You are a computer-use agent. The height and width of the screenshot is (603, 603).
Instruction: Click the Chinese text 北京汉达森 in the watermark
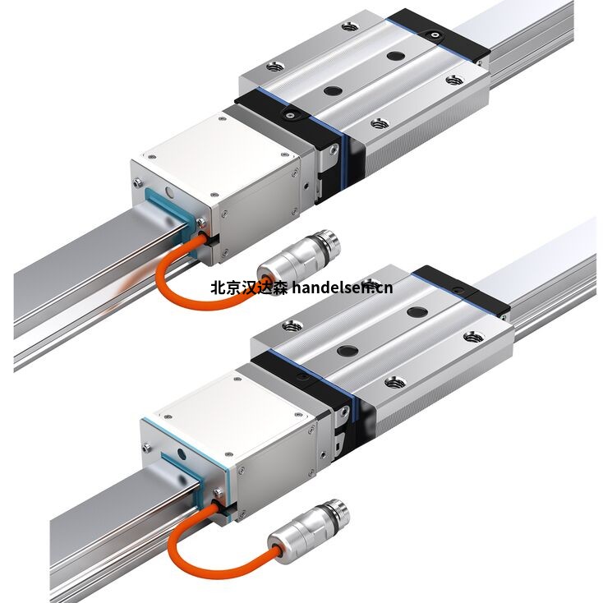pos(249,288)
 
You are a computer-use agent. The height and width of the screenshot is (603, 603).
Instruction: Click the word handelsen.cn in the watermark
pos(343,288)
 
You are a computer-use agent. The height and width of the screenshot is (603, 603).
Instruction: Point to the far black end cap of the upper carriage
pos(439,35)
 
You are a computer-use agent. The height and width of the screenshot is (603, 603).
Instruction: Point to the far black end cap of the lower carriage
pos(462,289)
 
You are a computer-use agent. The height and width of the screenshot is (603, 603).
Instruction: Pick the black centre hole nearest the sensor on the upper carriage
pos(333,91)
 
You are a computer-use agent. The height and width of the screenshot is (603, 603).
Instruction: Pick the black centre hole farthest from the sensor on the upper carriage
pos(395,56)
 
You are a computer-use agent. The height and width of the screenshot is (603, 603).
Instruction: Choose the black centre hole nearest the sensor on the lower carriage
pos(348,350)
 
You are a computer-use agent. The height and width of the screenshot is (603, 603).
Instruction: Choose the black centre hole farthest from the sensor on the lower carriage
pos(417,312)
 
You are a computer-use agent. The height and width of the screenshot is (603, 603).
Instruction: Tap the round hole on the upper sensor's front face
pos(168,191)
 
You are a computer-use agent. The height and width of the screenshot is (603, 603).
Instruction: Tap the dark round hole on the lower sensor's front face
pos(182,455)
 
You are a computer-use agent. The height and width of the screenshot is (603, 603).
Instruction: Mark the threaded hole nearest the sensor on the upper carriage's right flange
pos(380,123)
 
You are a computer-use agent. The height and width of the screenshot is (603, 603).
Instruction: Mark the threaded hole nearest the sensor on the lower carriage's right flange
pos(394,382)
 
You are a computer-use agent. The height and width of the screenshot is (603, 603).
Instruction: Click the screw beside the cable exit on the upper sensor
pos(200,223)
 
